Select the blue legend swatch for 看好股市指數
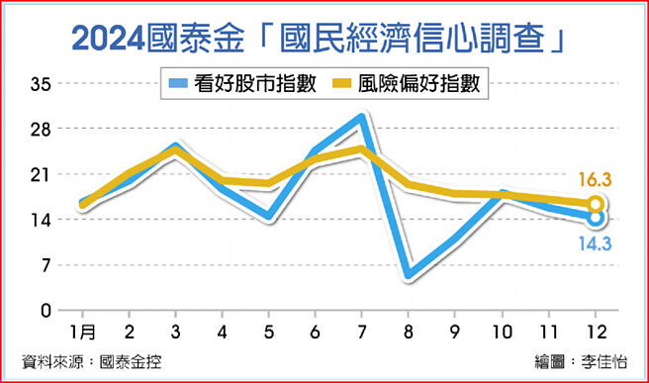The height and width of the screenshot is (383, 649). [180, 84]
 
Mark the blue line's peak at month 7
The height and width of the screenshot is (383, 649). [362, 118]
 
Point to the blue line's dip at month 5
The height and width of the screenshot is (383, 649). [268, 217]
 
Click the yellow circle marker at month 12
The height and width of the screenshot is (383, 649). [596, 205]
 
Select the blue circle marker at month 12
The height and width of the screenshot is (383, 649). [596, 218]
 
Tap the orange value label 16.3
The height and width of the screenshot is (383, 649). [596, 179]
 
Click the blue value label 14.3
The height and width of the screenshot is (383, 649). [596, 242]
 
